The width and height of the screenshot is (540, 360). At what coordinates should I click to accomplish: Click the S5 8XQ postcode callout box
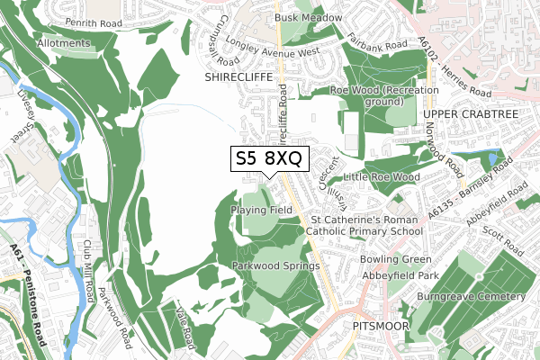coord(270,159)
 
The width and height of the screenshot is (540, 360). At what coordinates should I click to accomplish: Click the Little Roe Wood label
coord(382,177)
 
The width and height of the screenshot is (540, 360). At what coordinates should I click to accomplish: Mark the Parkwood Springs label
coord(276,266)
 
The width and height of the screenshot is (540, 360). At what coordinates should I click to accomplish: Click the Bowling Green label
coord(391,260)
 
